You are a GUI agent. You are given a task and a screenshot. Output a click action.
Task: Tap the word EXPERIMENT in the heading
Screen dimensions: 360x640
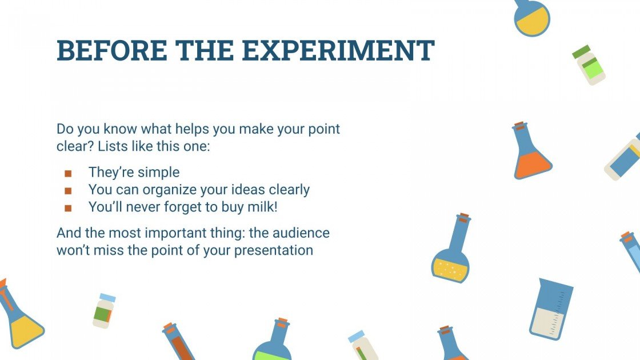338,51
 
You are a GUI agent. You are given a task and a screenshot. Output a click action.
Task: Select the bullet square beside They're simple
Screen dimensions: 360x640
68,173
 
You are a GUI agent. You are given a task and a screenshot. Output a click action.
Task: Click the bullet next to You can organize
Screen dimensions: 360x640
68,190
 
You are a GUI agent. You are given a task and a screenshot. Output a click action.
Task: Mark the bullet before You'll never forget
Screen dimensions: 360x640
68,208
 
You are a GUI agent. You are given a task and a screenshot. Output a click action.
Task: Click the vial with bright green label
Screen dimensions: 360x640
589,66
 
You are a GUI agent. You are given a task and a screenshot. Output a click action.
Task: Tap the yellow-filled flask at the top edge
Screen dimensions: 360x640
531,17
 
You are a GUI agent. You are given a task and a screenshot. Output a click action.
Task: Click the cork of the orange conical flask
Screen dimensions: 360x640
519,125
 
